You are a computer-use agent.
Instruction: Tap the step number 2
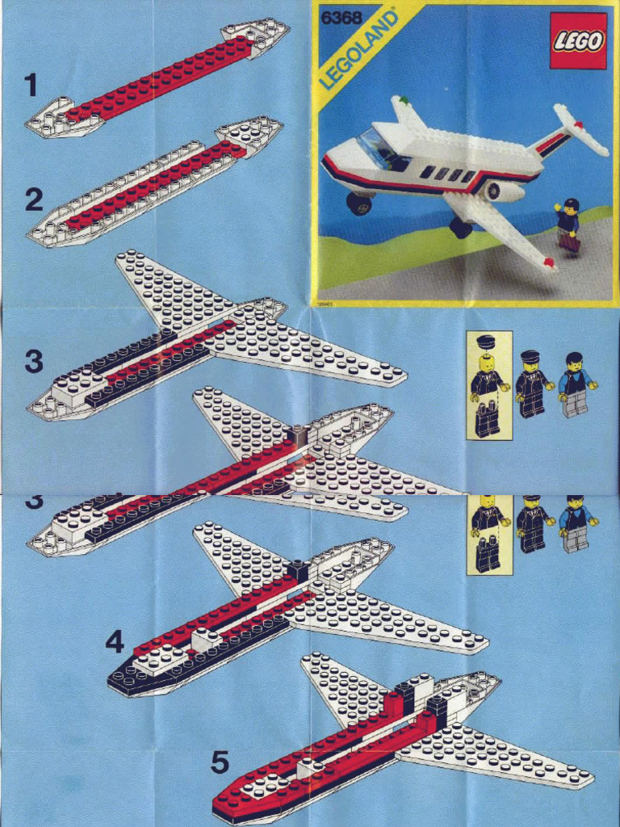33,199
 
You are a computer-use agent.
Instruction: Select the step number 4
115,642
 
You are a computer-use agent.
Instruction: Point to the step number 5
220,761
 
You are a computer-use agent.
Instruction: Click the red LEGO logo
578,40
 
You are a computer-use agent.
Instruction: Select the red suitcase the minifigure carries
569,241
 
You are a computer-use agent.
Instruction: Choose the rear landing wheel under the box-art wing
461,228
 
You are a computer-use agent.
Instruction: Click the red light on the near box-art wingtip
548,262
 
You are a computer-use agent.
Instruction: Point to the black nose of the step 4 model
121,678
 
